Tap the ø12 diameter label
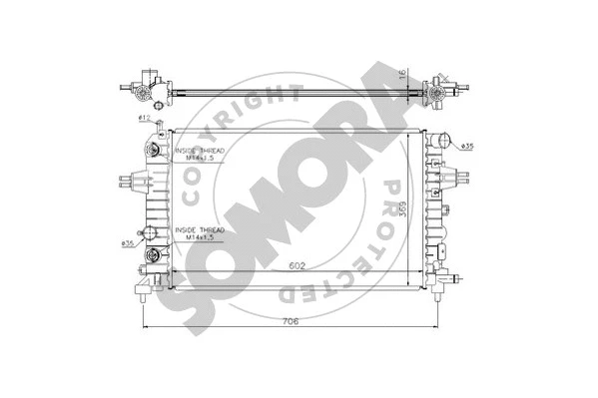[x=144, y=119]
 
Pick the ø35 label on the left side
[x=128, y=242]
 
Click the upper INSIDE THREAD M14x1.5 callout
[x=199, y=153]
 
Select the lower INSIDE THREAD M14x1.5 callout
[x=200, y=233]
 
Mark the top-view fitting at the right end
[x=440, y=91]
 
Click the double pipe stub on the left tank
[x=130, y=183]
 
